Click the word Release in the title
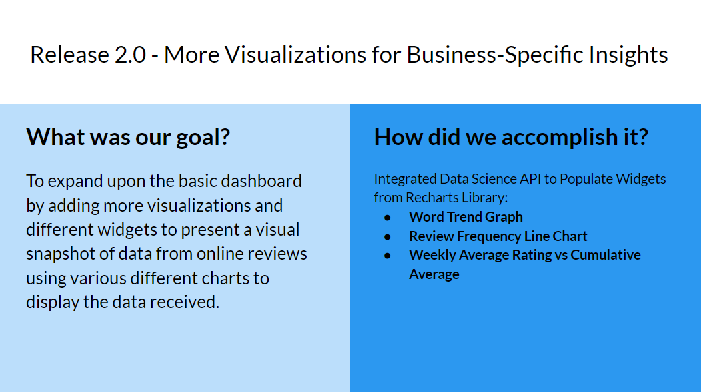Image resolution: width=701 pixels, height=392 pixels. [69, 55]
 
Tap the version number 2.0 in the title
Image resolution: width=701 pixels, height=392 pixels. [130, 55]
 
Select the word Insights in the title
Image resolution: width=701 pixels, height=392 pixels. [628, 55]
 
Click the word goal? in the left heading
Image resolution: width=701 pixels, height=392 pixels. [203, 138]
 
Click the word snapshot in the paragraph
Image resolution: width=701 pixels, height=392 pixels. [60, 254]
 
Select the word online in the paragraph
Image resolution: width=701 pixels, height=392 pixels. [219, 253]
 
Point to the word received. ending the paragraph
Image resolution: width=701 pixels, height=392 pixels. [184, 302]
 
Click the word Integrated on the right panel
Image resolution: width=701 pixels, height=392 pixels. [405, 180]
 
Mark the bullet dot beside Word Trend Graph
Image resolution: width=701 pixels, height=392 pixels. [388, 218]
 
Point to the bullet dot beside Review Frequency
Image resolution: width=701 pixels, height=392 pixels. [388, 237]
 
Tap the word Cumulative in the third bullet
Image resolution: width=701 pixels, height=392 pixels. [606, 255]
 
